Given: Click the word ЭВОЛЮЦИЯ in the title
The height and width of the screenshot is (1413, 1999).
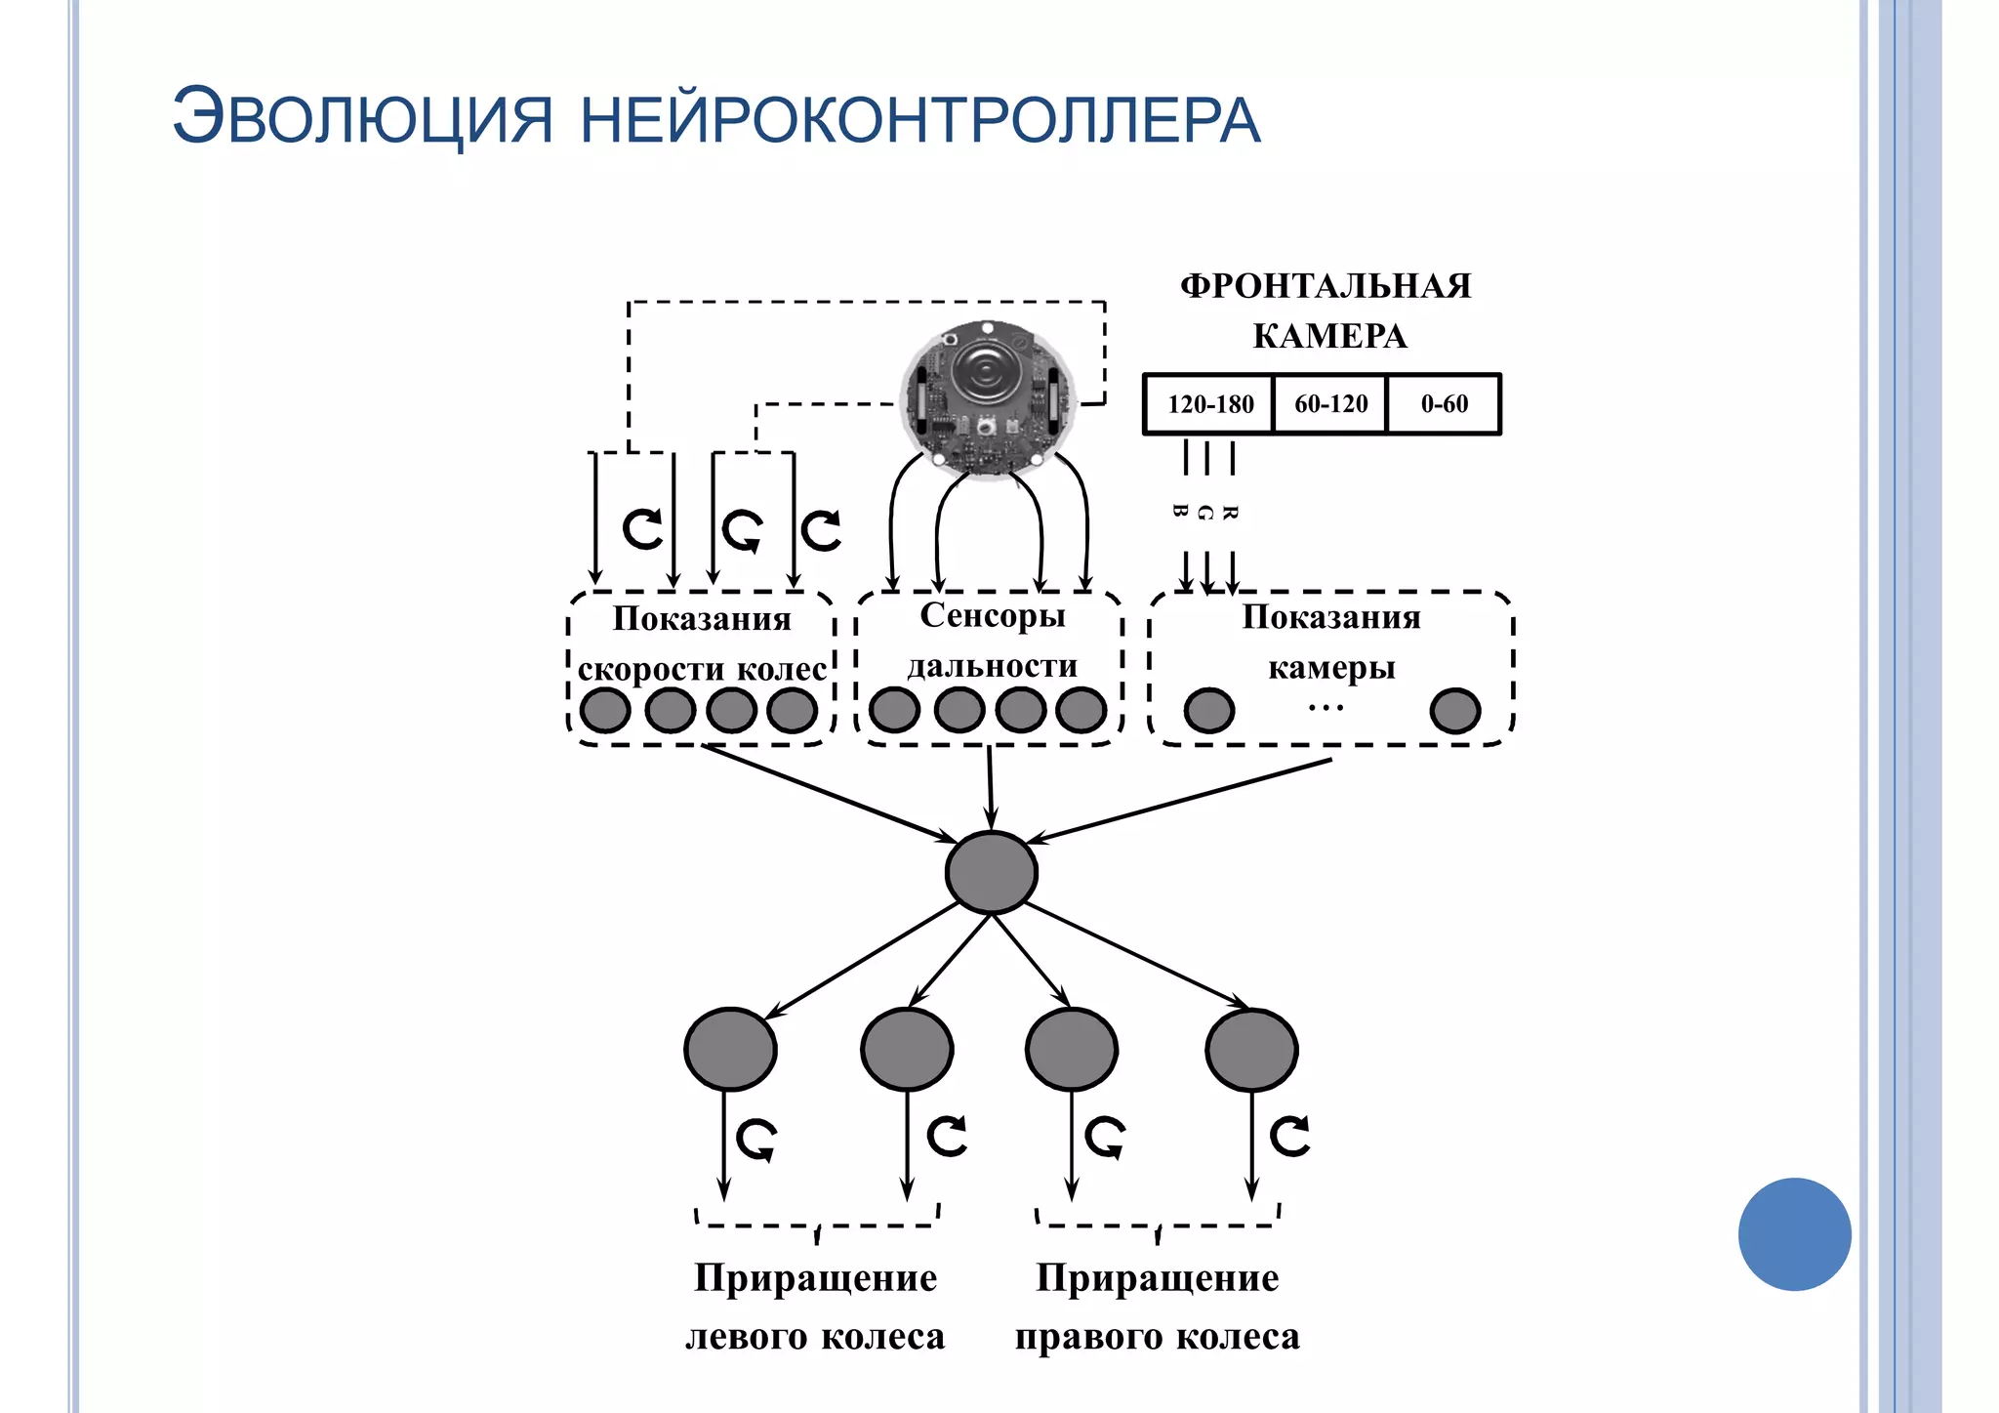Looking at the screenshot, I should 362,118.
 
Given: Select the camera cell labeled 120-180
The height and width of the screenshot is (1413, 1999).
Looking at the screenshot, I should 1209,404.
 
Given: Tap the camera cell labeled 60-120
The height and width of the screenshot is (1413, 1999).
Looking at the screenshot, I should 1330,404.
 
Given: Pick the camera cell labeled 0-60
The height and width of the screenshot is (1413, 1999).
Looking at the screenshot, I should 1444,404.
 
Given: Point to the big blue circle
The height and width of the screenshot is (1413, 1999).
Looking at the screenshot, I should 1794,1234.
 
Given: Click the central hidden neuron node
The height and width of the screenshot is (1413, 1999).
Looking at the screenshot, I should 991,872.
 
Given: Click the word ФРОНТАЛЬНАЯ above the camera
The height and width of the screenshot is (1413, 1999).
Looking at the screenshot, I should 1326,286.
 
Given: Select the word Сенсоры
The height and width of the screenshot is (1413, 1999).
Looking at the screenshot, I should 992,615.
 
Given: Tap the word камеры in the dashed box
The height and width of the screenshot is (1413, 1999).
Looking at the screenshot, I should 1331,668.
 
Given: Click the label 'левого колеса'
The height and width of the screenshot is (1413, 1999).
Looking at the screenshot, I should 815,1336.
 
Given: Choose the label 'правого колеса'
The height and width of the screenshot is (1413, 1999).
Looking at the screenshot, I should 1157,1336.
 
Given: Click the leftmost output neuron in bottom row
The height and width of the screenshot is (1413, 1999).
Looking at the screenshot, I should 730,1050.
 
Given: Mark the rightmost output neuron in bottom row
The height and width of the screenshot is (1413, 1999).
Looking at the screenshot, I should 1251,1050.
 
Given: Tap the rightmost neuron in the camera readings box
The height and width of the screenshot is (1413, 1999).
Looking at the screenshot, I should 1454,711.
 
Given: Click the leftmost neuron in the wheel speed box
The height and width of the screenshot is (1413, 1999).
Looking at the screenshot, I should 605,710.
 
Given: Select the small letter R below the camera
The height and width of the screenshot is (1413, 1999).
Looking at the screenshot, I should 1230,513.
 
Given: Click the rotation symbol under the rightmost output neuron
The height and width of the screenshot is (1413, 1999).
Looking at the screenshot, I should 1289,1136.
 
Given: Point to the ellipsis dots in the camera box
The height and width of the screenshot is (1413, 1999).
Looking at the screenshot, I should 1326,707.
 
